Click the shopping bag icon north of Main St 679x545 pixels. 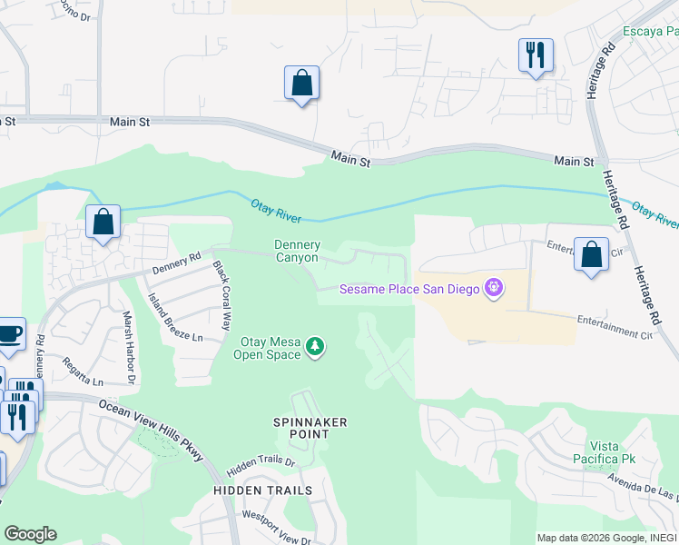(x=301, y=84)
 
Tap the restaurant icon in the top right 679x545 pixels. (x=536, y=54)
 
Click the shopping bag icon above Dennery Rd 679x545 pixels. (x=103, y=222)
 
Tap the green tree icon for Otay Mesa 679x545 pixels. (x=315, y=346)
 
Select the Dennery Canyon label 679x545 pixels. (x=298, y=251)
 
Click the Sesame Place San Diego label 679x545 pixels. (x=411, y=290)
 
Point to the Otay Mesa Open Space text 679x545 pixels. (x=270, y=348)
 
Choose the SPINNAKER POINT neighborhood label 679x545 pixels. (x=302, y=428)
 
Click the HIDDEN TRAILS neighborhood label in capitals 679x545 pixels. (x=262, y=490)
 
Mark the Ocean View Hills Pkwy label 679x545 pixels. (x=151, y=431)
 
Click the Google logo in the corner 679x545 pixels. (x=30, y=534)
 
